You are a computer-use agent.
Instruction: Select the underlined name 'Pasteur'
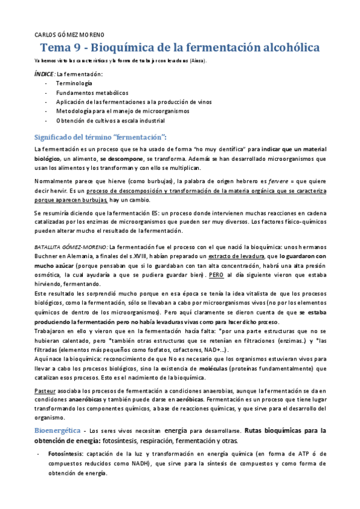click(x=45, y=391)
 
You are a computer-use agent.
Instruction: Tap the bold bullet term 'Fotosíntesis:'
click(x=66, y=454)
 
